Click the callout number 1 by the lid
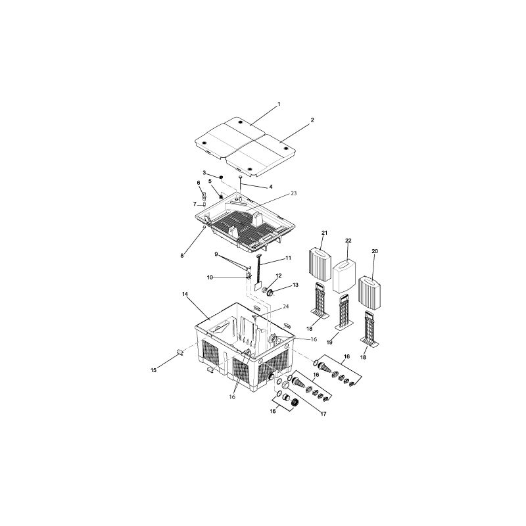pos(279,104)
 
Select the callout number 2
pos(312,120)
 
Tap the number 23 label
pos(293,193)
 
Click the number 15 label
pos(154,371)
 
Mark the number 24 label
pos(286,306)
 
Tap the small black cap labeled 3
pos(222,177)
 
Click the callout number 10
pos(210,277)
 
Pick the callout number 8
pos(181,256)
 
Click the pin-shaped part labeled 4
pos(241,179)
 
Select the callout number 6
pos(198,182)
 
